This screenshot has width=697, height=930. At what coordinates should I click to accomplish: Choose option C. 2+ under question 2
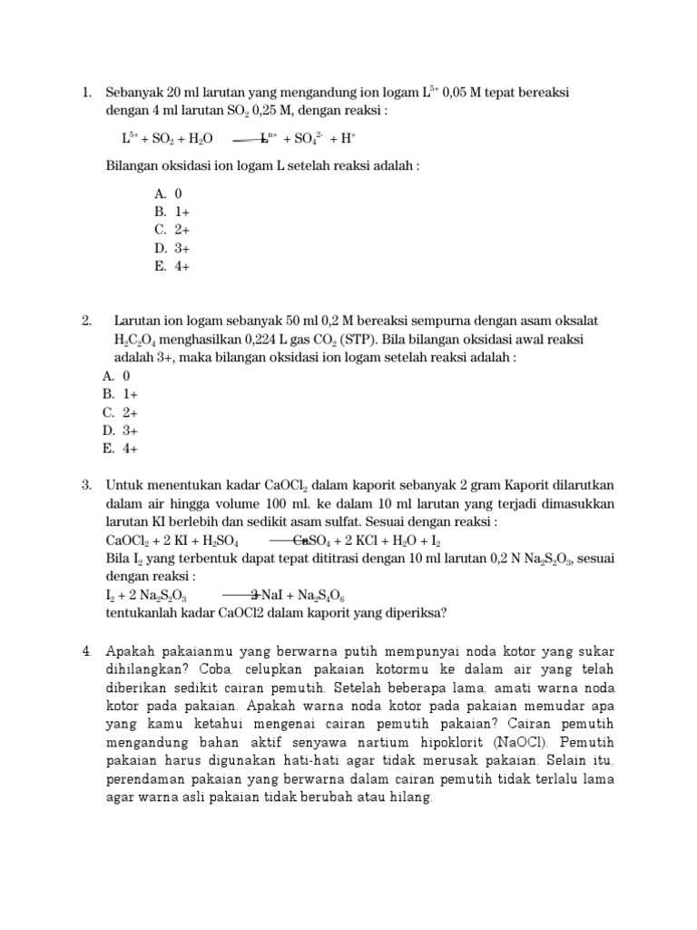pyautogui.click(x=119, y=412)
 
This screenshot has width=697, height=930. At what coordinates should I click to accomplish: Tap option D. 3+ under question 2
pyautogui.click(x=120, y=430)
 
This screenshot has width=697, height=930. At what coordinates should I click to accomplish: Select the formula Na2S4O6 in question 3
pyautogui.click(x=316, y=596)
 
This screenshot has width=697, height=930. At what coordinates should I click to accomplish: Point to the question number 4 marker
pyautogui.click(x=86, y=651)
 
